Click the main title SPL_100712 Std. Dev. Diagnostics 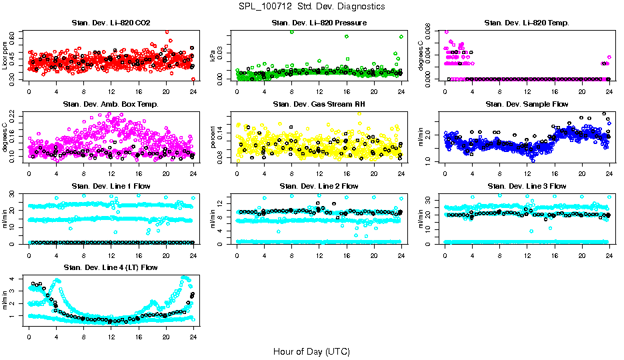pos(311,7)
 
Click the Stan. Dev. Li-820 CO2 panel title pos(111,23)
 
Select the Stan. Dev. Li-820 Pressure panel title pos(319,23)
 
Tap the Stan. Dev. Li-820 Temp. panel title pos(527,23)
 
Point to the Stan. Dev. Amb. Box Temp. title pos(111,105)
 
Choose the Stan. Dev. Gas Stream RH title pos(319,105)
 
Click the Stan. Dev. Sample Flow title pos(527,105)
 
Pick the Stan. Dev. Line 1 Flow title pos(111,186)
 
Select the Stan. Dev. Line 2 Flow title pos(319,186)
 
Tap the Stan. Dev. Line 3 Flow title pos(527,186)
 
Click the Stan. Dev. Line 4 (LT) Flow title pos(111,267)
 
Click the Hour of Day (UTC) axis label pos(311,351)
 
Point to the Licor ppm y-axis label pos(5,55)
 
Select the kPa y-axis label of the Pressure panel pos(213,55)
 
